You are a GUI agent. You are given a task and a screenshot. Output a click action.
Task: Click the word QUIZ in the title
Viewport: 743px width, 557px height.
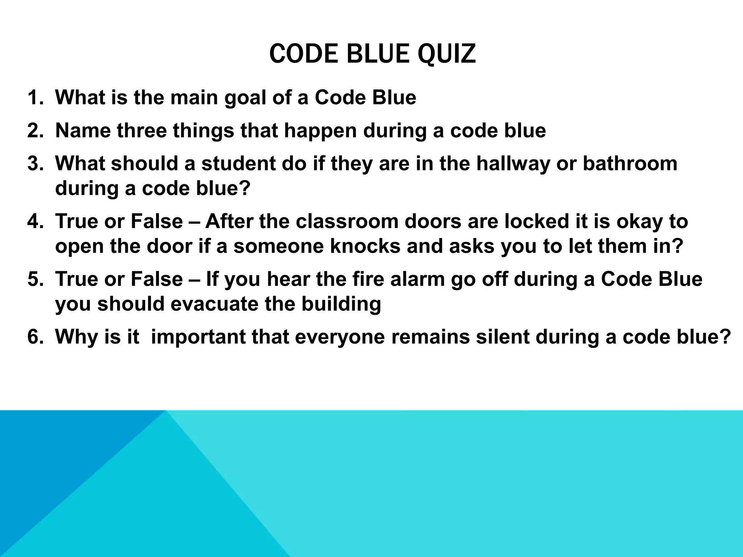[447, 54]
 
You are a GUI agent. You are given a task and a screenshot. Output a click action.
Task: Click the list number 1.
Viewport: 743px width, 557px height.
[35, 98]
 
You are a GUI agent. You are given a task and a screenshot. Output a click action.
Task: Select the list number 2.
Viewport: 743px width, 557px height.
[35, 131]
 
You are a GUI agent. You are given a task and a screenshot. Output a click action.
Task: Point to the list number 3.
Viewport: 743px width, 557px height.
[35, 164]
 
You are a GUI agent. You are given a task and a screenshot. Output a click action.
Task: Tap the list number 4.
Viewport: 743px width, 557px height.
[35, 222]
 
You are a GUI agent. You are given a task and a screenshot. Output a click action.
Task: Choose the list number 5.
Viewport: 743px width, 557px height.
[35, 279]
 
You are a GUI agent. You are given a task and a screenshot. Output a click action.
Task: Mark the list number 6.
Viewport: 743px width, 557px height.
[35, 337]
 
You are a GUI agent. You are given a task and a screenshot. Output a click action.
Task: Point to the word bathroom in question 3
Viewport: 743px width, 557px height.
[630, 164]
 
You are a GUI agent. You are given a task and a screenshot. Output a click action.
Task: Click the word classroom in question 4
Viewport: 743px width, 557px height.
[347, 222]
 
